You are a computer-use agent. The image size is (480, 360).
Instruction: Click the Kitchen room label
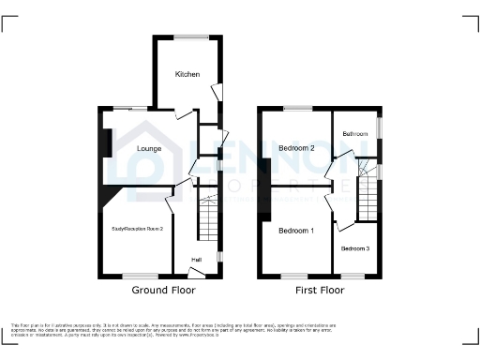(x=187, y=74)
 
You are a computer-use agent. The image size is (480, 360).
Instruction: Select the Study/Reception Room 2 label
(x=138, y=229)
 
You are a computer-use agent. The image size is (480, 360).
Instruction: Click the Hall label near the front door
(x=197, y=260)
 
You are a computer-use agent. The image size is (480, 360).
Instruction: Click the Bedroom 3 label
(x=354, y=248)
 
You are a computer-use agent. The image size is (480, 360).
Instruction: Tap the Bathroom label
(x=354, y=134)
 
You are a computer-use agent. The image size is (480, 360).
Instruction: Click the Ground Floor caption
(x=163, y=291)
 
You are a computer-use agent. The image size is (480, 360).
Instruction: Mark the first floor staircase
(x=367, y=197)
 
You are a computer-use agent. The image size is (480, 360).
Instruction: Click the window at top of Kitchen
(x=190, y=37)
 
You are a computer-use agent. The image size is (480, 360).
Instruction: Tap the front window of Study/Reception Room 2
(x=139, y=276)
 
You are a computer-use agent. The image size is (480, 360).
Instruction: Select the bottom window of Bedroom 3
(x=353, y=276)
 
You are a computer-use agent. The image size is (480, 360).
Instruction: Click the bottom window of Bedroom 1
(x=297, y=276)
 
